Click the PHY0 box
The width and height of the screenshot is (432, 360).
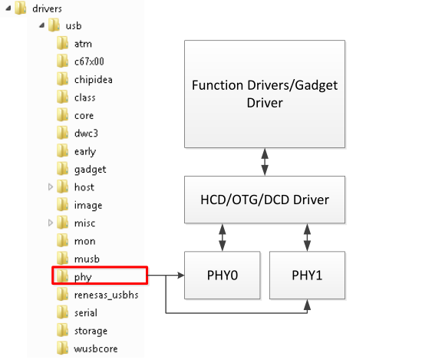coord(222,275)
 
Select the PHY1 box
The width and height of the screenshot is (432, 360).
coord(308,275)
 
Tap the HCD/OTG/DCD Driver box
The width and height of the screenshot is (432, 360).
coord(265,200)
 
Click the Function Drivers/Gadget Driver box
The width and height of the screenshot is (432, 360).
coord(265,94)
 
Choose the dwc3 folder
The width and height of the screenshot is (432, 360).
coord(86,133)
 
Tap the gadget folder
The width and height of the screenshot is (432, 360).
coord(90,169)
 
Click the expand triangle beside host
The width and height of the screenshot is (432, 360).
coord(51,187)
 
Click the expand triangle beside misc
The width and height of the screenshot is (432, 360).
coord(51,223)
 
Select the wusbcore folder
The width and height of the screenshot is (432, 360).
coord(94,348)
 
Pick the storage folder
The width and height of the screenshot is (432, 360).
coord(91,331)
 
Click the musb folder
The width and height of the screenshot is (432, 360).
coord(86,259)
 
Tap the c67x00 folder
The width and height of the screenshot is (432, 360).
coord(89,61)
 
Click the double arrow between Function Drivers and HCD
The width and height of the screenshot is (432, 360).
coord(265,162)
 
